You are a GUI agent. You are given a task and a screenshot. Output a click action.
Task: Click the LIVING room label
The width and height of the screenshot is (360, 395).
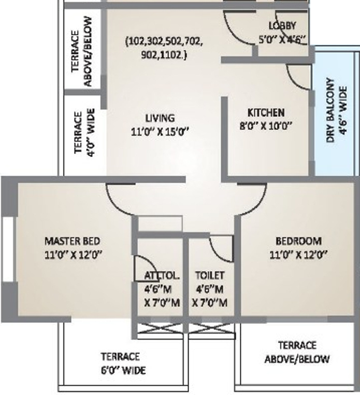click(160, 118)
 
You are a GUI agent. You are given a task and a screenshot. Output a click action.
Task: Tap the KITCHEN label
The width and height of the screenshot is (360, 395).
click(266, 112)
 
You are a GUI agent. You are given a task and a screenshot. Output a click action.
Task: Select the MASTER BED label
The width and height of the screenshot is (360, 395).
click(72, 241)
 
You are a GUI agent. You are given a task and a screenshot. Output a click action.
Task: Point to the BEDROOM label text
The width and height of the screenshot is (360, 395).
click(298, 241)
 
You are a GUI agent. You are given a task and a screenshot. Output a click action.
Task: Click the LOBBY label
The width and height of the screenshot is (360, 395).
click(282, 26)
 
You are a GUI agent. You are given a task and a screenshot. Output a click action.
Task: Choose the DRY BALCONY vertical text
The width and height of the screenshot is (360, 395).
click(330, 111)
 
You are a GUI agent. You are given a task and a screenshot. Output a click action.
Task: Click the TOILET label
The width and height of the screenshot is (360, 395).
click(209, 276)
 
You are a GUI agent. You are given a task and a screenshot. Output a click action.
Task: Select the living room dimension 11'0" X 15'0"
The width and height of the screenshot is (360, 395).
click(160, 132)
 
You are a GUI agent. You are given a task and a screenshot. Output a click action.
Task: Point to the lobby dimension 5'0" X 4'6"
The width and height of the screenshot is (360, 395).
click(282, 39)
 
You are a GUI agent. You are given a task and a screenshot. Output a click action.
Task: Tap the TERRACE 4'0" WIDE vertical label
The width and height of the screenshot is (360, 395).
click(84, 132)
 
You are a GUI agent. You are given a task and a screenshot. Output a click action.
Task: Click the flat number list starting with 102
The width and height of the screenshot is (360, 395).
click(164, 47)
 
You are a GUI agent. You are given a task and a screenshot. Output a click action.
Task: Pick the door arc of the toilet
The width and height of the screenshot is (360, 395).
click(220, 248)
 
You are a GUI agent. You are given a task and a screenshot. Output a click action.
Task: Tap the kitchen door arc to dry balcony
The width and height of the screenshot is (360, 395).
click(297, 78)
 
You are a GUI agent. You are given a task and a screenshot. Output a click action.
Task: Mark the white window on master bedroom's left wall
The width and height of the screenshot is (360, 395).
click(7, 249)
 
